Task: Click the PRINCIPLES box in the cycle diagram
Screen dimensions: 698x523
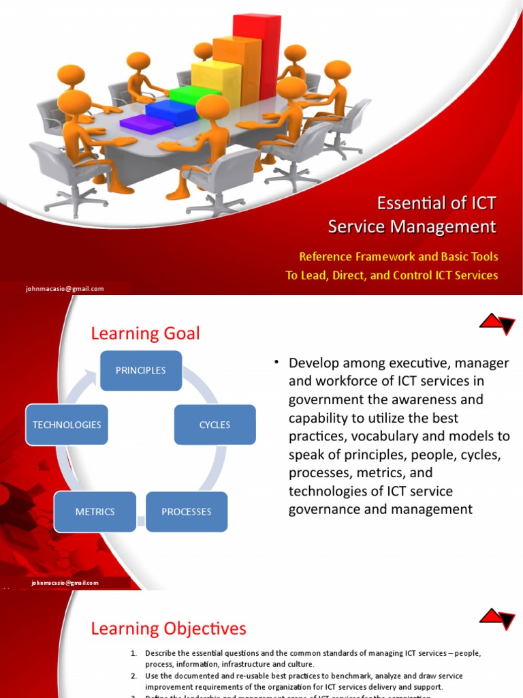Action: (x=141, y=371)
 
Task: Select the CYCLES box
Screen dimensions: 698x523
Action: (x=215, y=425)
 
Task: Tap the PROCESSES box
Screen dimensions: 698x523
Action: (x=186, y=511)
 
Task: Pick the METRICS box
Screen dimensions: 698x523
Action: (x=95, y=511)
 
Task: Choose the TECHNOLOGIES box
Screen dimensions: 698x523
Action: (x=67, y=425)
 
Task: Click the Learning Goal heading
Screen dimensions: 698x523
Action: (x=146, y=333)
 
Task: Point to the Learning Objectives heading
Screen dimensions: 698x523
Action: (x=169, y=628)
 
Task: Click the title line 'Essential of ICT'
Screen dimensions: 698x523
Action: (x=437, y=203)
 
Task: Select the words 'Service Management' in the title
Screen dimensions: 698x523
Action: (x=412, y=226)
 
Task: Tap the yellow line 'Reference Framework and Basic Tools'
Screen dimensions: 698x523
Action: (x=398, y=257)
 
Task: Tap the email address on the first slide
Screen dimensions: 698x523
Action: (x=65, y=288)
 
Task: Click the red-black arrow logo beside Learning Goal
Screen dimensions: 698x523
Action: (x=497, y=323)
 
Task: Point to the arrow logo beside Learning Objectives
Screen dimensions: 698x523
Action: (x=497, y=618)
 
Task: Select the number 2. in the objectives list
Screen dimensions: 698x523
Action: (x=134, y=676)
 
